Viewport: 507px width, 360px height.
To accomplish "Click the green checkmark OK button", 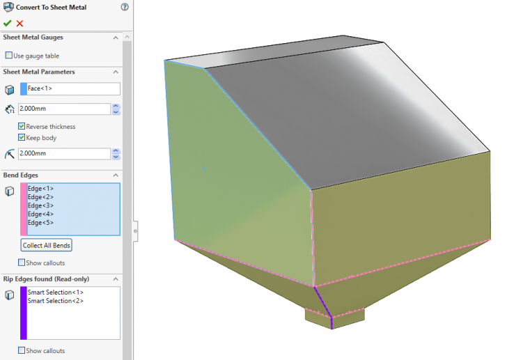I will (x=7, y=23).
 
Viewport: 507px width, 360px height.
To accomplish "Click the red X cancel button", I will (x=19, y=23).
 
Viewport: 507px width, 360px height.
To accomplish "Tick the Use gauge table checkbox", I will (x=9, y=55).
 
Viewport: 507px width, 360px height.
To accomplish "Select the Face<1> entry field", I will (x=73, y=88).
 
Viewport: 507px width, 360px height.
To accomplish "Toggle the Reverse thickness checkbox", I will (x=22, y=127).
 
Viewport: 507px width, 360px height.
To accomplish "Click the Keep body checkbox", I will (x=22, y=137).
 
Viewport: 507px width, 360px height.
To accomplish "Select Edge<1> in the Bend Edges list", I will (x=41, y=189).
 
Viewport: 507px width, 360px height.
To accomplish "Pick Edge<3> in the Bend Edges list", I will (x=41, y=205).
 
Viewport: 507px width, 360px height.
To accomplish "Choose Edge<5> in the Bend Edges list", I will (x=41, y=222).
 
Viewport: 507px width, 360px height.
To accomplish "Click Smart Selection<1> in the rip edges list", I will (x=56, y=292).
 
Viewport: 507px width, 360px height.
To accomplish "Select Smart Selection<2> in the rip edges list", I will (x=56, y=301).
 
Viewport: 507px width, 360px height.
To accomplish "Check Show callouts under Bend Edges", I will (x=22, y=263).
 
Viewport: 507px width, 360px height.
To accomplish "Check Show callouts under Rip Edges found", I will (x=22, y=350).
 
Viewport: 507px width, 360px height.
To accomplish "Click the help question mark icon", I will (x=125, y=8).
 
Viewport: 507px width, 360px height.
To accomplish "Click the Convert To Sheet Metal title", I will (x=47, y=8).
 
